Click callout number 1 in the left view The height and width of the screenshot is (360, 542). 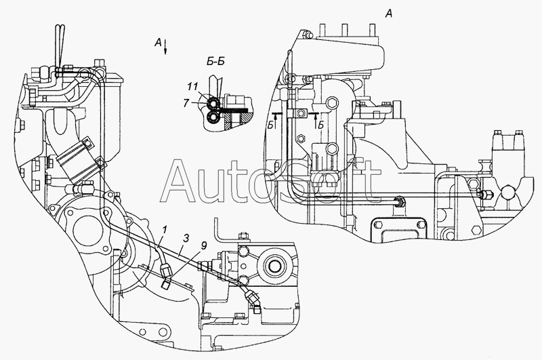165,229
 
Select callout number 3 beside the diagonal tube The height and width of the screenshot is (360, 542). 186,238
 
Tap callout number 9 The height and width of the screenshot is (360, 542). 204,246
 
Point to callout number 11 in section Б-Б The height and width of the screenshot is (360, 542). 192,87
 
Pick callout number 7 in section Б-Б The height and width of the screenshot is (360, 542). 186,103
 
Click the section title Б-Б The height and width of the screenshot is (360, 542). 215,62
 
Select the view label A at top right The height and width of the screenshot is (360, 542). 389,14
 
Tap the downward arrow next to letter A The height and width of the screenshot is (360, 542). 165,47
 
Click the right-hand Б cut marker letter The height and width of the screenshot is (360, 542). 320,125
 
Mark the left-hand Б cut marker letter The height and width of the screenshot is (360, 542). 270,125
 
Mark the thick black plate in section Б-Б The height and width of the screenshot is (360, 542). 234,110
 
